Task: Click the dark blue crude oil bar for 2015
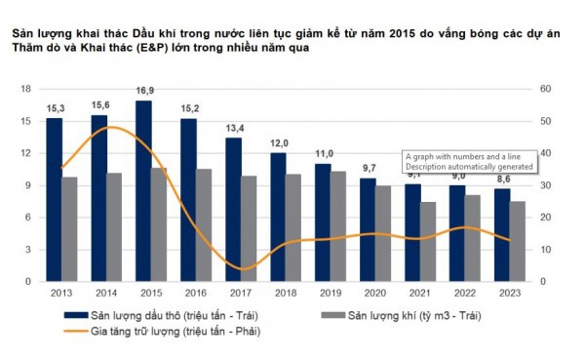(x=143, y=190)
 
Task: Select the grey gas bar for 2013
(x=69, y=228)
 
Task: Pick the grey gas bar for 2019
(x=338, y=225)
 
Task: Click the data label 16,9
(x=144, y=92)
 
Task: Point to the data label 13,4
(x=234, y=129)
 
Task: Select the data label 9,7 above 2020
(x=368, y=169)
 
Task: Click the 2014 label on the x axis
(x=106, y=293)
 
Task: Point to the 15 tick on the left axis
(x=25, y=121)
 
